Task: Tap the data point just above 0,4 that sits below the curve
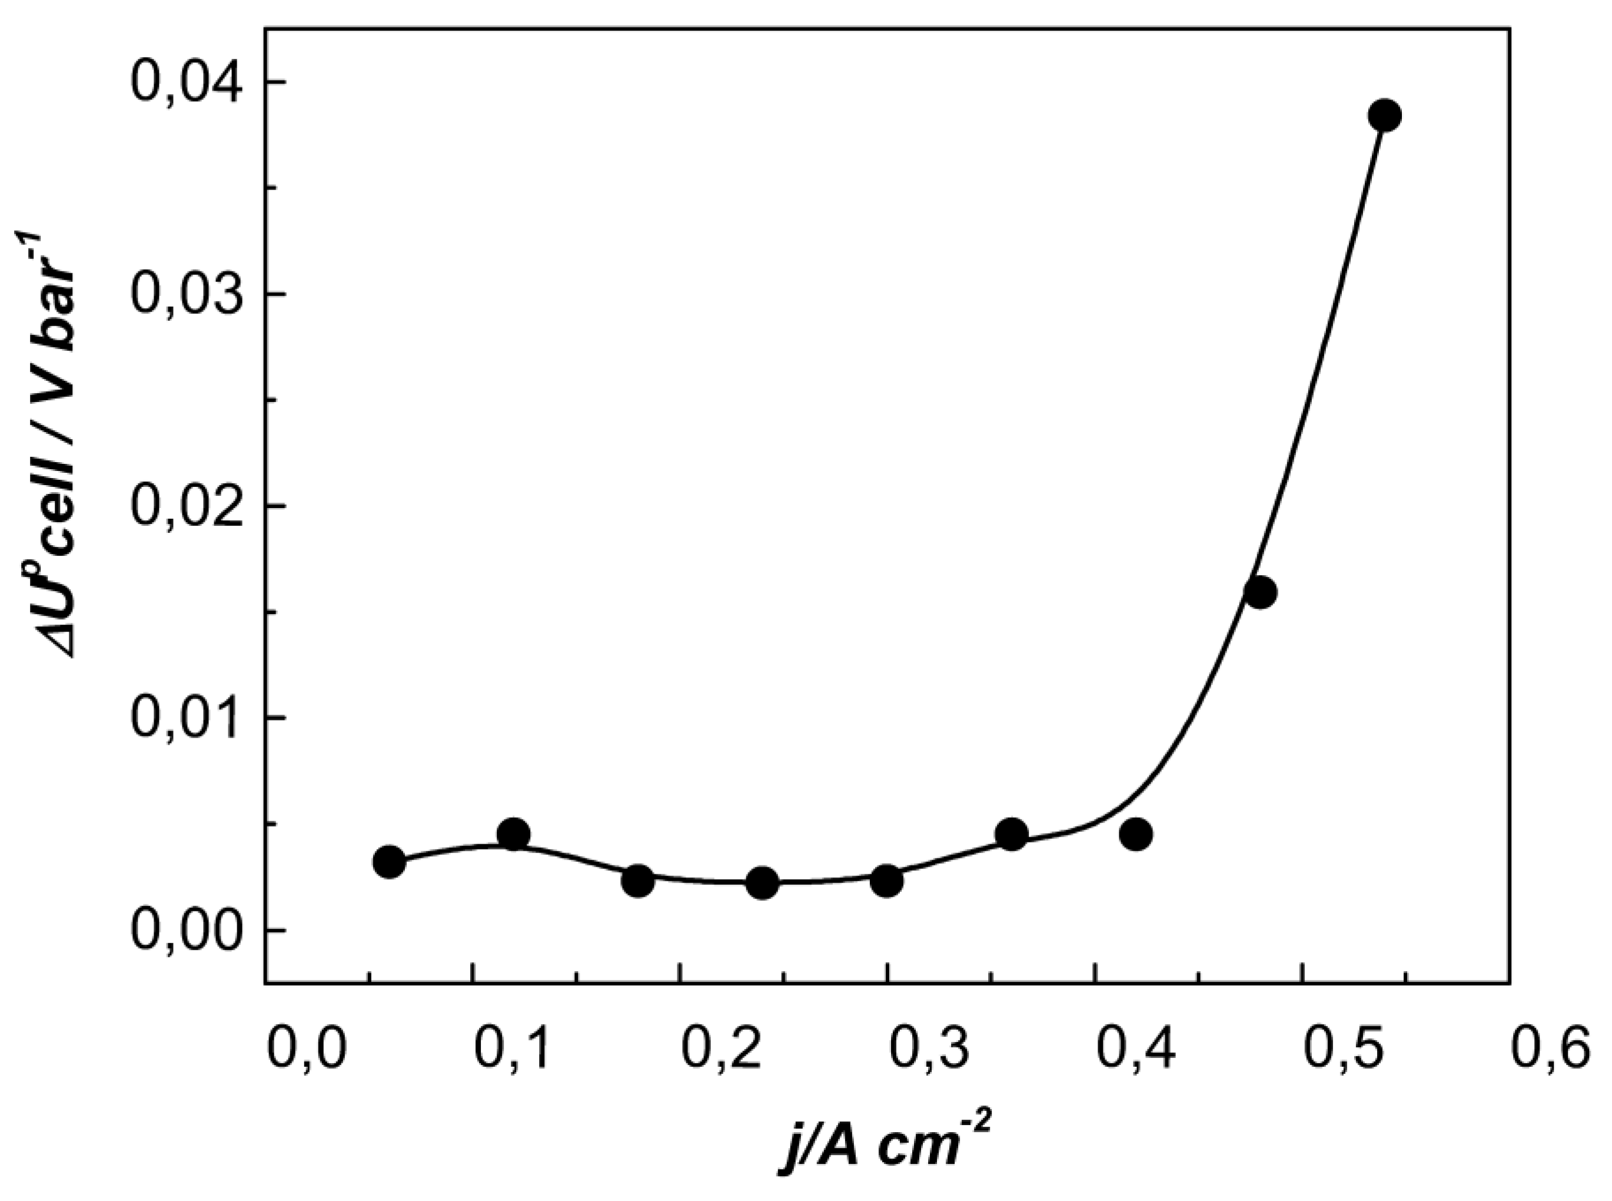coord(1135,834)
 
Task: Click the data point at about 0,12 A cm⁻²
coord(514,834)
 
